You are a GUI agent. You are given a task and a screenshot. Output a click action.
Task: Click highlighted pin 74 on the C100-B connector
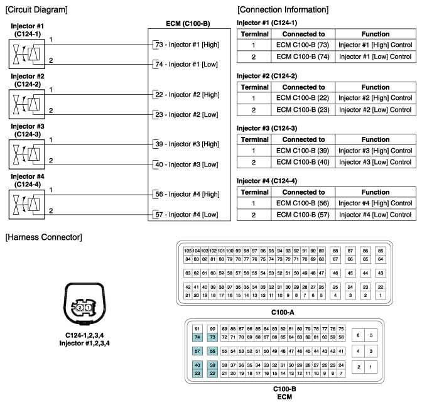(197, 337)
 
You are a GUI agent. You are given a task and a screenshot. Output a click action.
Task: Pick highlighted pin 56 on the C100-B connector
(213, 352)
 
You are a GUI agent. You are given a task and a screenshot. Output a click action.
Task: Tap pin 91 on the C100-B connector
(197, 329)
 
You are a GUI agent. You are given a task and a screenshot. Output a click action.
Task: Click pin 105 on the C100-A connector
(187, 251)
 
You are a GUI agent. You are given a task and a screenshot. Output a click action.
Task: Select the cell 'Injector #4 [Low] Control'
(375, 215)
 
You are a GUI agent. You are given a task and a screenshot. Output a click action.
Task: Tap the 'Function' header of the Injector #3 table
(375, 139)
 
